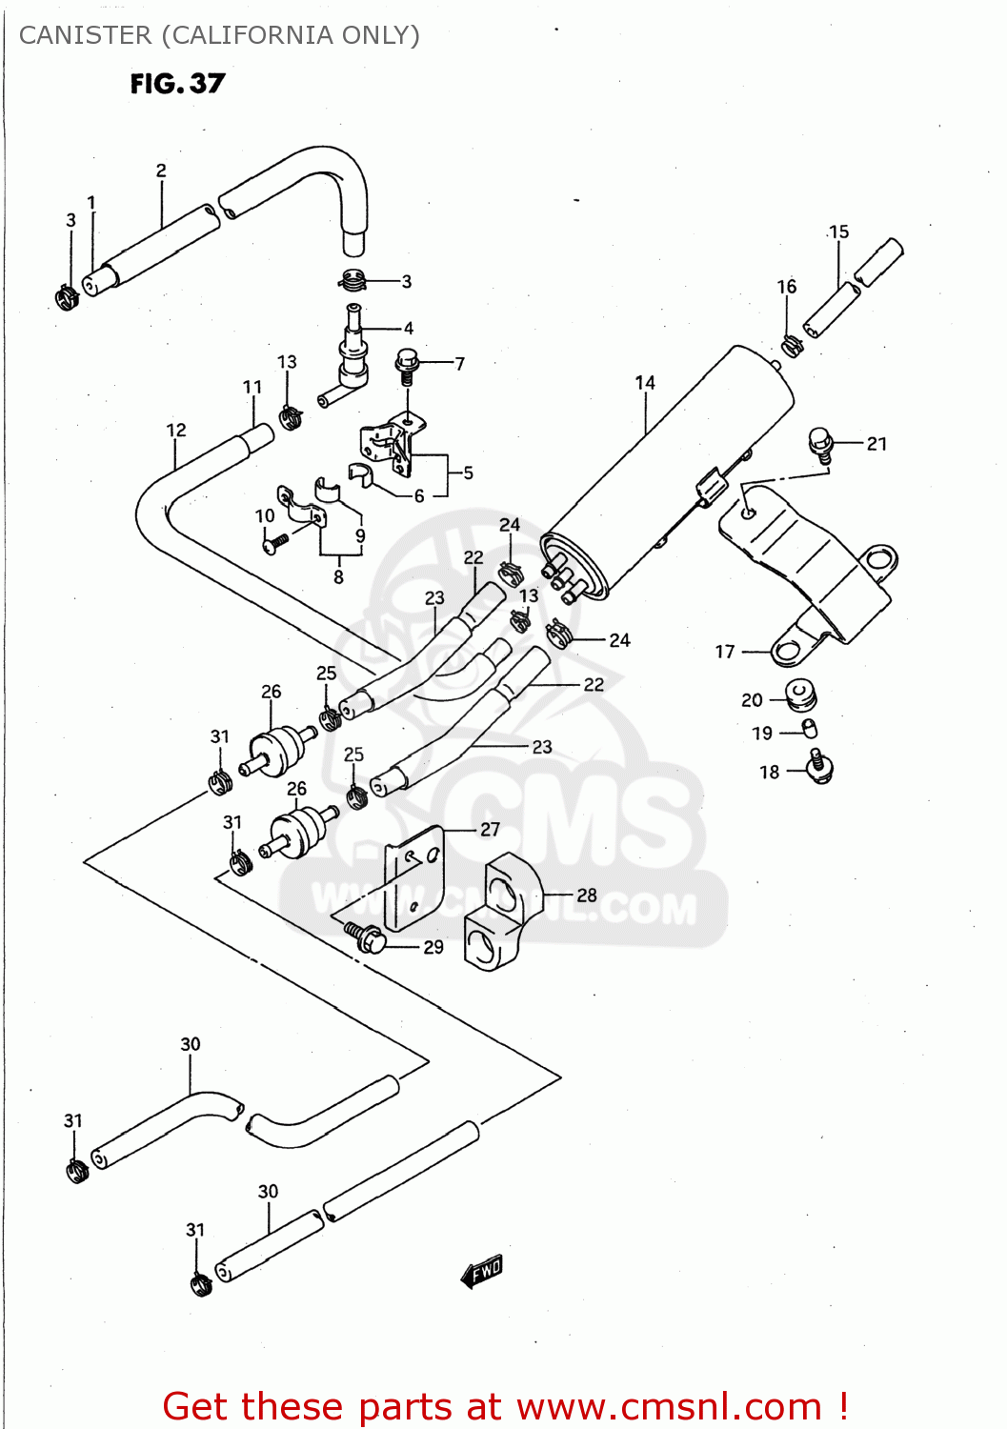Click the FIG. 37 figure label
[177, 84]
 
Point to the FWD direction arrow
[482, 1271]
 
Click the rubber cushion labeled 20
[800, 695]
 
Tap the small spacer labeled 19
[809, 730]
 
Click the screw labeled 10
[274, 543]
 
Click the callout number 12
[176, 430]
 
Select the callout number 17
[725, 652]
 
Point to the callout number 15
[838, 231]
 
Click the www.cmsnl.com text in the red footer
[669, 1406]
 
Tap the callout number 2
[161, 171]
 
